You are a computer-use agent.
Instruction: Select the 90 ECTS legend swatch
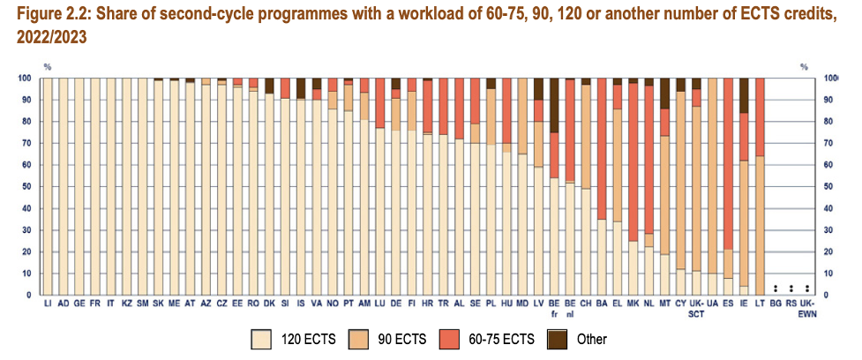click(371, 337)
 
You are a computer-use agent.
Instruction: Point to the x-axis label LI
click(48, 304)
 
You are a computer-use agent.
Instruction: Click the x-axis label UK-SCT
click(696, 309)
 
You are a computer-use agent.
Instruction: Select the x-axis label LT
click(760, 304)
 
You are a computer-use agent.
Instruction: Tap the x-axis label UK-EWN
click(807, 309)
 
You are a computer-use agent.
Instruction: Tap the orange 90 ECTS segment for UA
click(712, 176)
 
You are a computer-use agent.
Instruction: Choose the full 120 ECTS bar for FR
click(95, 186)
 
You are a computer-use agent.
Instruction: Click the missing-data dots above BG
click(776, 288)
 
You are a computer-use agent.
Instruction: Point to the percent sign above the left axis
click(48, 67)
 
